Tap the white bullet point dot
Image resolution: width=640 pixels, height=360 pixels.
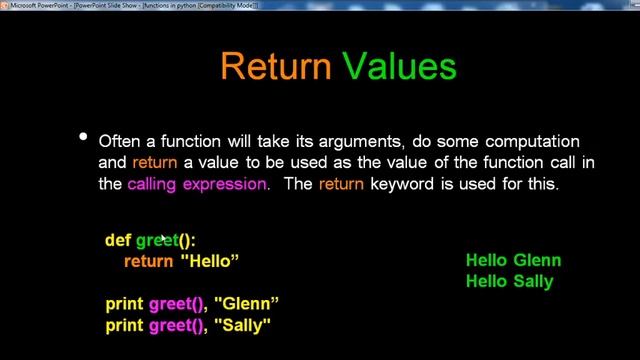pyautogui.click(x=84, y=137)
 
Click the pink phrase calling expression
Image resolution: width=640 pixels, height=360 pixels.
pyautogui.click(x=198, y=184)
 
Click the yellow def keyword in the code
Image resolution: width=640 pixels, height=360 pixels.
pyautogui.click(x=118, y=240)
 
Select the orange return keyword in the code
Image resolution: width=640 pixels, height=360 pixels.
pyautogui.click(x=149, y=261)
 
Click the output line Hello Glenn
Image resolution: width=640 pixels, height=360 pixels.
pyautogui.click(x=513, y=261)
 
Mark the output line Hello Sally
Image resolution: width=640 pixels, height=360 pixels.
pyautogui.click(x=509, y=282)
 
